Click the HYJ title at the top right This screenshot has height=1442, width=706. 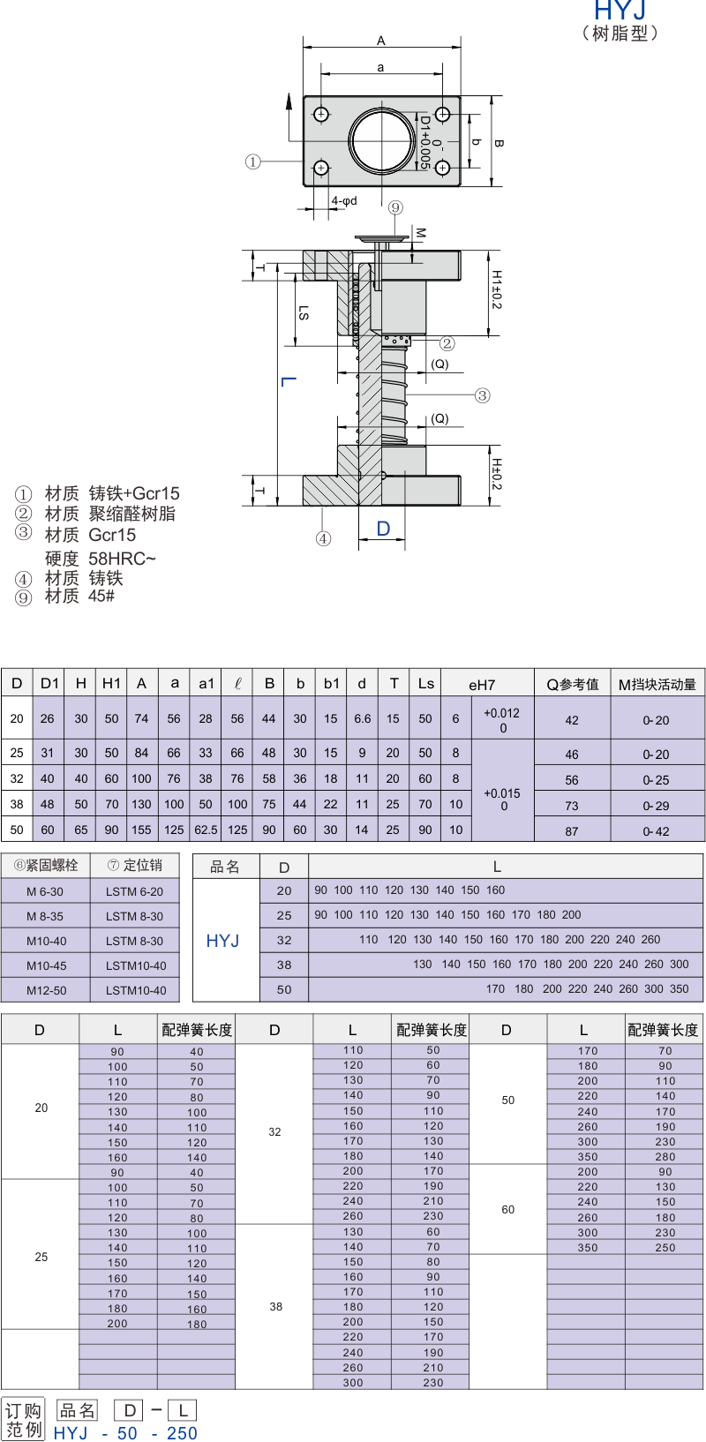pos(620,10)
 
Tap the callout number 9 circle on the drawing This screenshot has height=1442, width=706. pos(395,207)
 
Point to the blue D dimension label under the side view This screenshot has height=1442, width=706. pos(383,529)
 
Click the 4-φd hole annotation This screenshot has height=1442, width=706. pos(344,201)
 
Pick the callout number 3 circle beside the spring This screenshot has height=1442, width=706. pos(482,395)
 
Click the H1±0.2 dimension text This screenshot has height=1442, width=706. pos(496,289)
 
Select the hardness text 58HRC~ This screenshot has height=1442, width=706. pos(122,558)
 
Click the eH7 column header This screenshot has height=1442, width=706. pos(482,685)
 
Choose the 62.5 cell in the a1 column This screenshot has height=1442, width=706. pos(206,830)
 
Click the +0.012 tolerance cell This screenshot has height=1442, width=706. pos(502,713)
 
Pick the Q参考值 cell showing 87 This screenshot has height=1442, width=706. pos(572,831)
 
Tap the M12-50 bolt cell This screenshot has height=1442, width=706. pos(47,990)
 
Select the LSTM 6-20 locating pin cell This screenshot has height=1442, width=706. pos(134,891)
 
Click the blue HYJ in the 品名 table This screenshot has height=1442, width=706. pos(222,941)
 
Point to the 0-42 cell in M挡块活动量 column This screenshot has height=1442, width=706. pos(656,831)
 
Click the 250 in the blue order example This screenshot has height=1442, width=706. pos(182,1432)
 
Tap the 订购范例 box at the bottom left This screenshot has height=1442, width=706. pos(23,1419)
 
